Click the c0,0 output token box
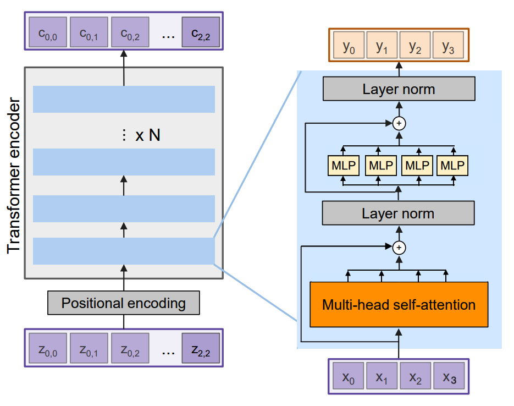tap(47, 33)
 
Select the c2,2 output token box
tap(201, 33)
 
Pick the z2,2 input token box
tap(201, 349)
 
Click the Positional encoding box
tap(124, 303)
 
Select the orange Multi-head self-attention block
tap(399, 305)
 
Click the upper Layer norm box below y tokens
tap(399, 89)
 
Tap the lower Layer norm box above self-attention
tap(399, 213)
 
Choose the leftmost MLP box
tap(343, 165)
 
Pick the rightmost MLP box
tap(452, 165)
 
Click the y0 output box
tap(349, 48)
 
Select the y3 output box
tap(448, 48)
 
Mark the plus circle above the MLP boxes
tap(400, 123)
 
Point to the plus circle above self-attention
tap(400, 248)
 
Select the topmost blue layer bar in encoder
tap(124, 99)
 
